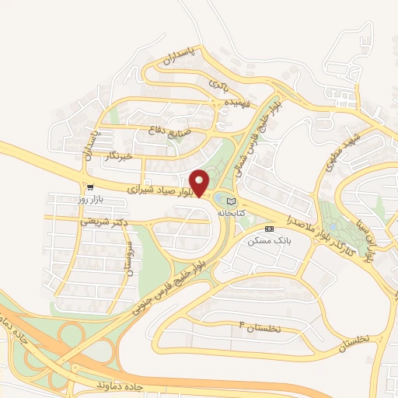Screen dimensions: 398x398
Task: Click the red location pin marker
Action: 200,183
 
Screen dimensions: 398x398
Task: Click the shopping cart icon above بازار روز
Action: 91,187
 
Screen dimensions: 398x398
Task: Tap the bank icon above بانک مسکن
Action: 269,229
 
